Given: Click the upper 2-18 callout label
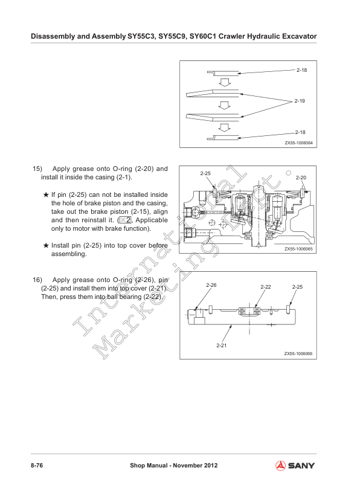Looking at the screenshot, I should tap(301, 71).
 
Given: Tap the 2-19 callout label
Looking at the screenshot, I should tap(300, 101).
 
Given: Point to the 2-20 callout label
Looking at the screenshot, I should tap(301, 178).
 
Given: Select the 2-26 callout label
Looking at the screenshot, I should tap(211, 284).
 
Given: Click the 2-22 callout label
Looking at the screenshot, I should tap(265, 286).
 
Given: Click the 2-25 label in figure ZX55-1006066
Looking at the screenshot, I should tap(297, 286).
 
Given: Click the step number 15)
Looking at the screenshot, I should tap(37, 169).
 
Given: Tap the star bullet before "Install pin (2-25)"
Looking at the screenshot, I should tap(46, 246).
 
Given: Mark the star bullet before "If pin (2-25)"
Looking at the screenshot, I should tap(46, 195).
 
